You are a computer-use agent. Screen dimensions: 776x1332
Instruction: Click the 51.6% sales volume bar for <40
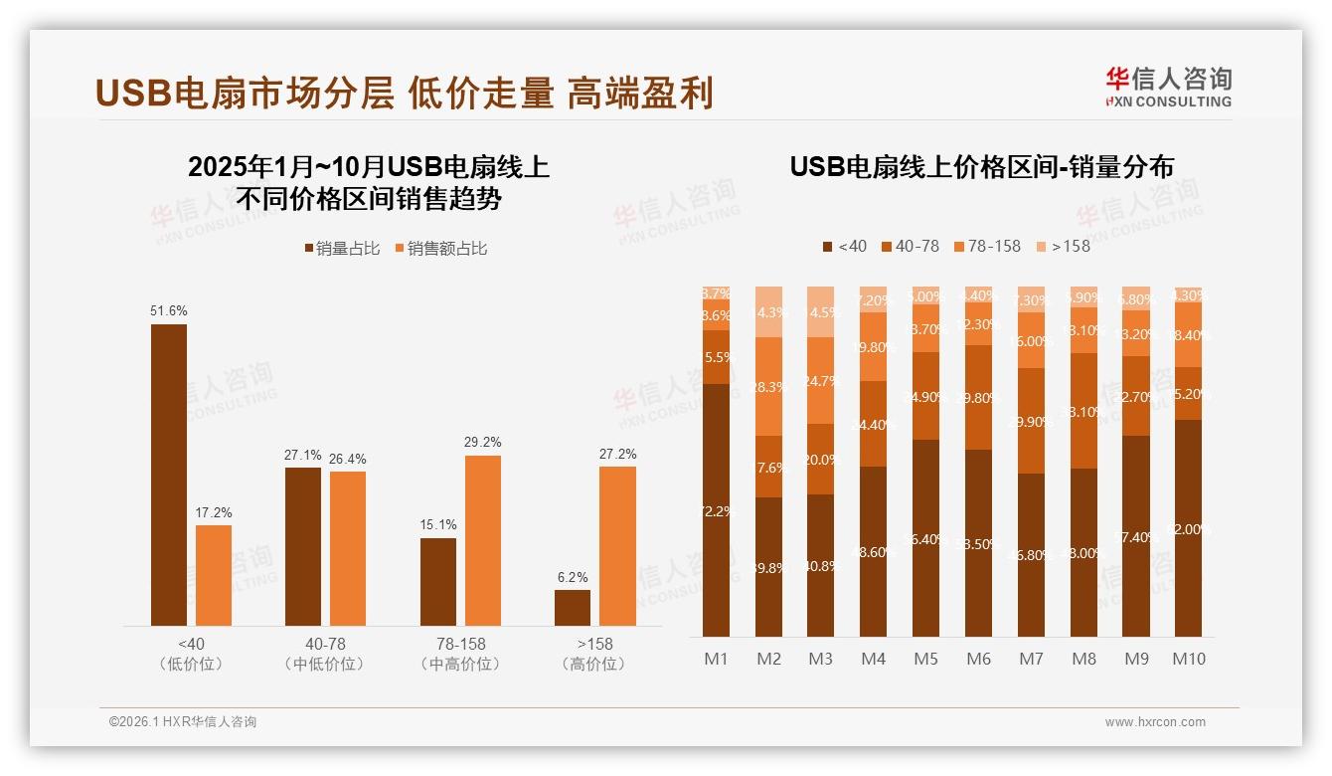pos(169,475)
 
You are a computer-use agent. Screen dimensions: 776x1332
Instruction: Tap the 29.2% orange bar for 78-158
pos(483,540)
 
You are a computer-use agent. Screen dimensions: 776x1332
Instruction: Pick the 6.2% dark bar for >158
pos(573,607)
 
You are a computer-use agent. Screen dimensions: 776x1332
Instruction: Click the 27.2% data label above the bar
pos(617,454)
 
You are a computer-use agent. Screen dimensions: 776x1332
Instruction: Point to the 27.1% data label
pos(303,455)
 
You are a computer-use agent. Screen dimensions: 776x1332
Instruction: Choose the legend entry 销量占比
pos(342,249)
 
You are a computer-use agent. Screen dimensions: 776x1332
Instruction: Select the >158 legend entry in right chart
pos(1063,246)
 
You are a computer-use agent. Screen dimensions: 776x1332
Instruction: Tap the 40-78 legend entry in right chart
pos(910,246)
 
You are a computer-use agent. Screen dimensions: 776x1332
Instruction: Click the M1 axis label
pos(716,659)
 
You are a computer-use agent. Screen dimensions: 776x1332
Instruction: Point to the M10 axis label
pos(1188,659)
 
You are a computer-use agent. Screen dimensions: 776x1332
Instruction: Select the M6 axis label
pos(978,659)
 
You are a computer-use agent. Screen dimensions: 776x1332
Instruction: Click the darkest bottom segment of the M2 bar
pos(768,567)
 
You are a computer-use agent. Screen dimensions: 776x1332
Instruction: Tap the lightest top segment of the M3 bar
pos(821,311)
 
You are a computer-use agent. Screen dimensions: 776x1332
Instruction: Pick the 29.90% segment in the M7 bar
pos(1031,421)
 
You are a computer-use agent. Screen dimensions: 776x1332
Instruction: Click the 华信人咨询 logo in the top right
pos(1168,87)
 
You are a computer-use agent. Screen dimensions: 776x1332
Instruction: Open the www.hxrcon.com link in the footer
pos(1154,722)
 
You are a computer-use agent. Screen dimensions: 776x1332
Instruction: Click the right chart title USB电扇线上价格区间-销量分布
pos(981,166)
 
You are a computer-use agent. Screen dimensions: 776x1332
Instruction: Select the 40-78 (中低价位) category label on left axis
pos(324,654)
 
